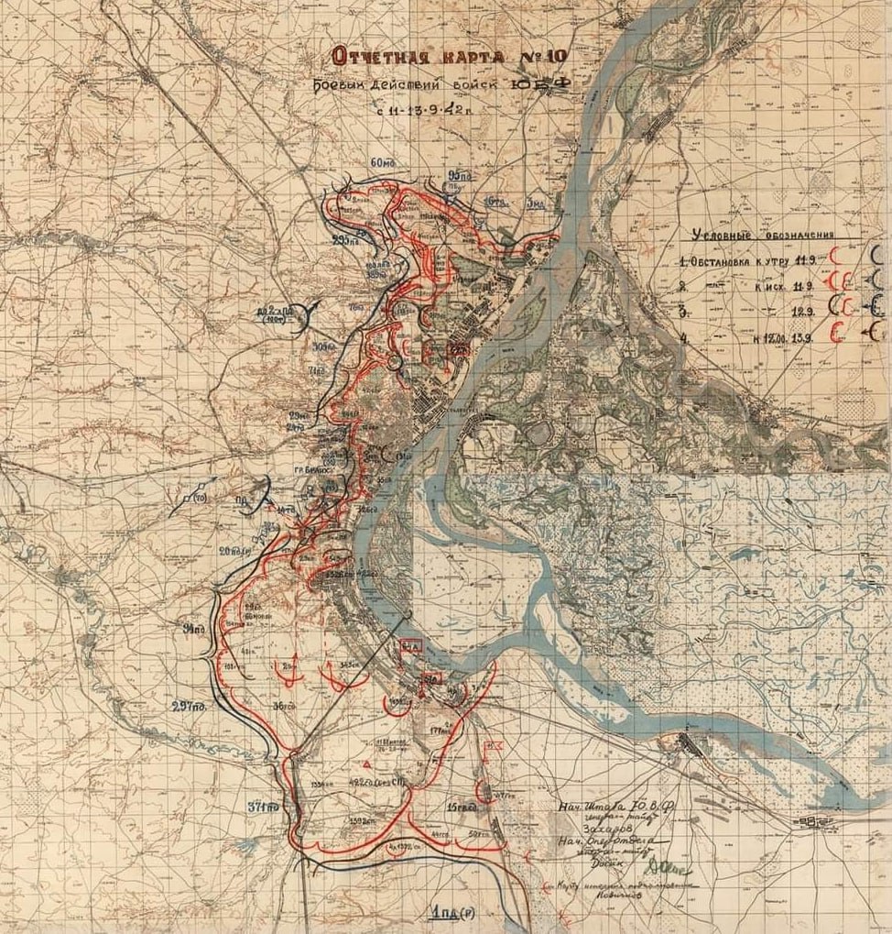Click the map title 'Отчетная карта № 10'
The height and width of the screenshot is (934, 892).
450,58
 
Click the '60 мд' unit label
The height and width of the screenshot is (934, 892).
384,163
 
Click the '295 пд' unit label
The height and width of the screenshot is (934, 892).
345,241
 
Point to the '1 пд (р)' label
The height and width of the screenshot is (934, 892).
451,913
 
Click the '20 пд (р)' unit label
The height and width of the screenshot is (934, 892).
234,551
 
